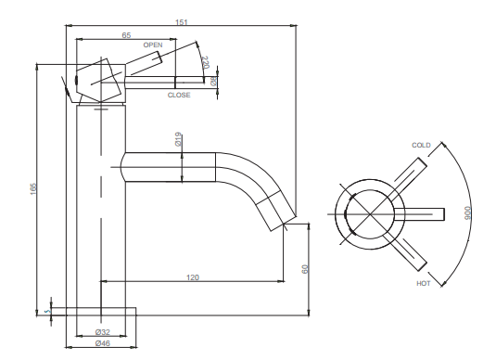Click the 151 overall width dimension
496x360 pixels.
(x=182, y=22)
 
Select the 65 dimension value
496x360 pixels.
(x=126, y=35)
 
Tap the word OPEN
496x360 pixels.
(x=153, y=45)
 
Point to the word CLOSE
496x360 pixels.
(x=179, y=95)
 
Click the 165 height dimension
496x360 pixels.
(x=33, y=189)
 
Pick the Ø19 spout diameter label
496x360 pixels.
(x=178, y=139)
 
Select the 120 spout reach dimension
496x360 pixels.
(x=193, y=277)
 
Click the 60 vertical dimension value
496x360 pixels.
(x=305, y=269)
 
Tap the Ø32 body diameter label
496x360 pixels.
(x=103, y=332)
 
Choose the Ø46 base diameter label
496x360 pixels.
(x=103, y=343)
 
